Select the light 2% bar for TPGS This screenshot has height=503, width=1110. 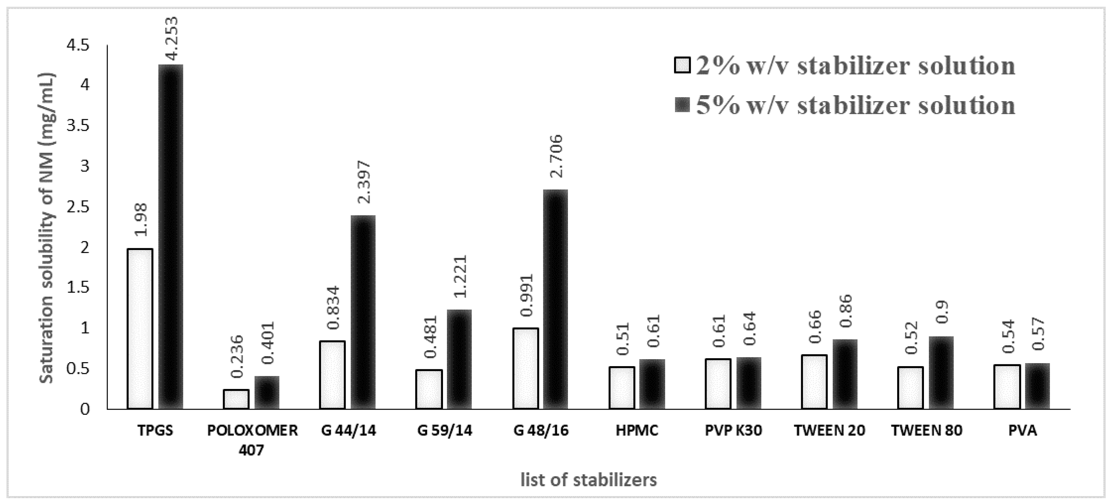140,328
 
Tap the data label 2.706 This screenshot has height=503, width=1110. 556,156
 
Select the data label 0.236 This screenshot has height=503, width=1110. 237,357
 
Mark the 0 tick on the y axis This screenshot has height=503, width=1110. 85,409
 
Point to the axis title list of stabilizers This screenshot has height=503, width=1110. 588,480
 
